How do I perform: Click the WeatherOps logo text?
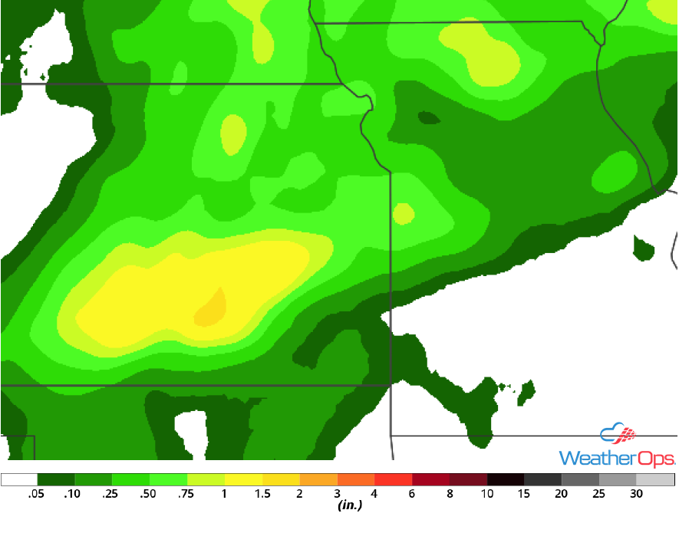[x=617, y=458]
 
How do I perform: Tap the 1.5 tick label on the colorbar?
[x=262, y=495]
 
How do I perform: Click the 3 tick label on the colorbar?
[x=338, y=495]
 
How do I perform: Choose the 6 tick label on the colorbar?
[x=413, y=495]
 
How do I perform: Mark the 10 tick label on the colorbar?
[x=487, y=495]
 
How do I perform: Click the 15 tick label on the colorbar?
[x=525, y=495]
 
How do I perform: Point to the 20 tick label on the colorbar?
[x=562, y=495]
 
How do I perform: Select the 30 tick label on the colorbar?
[x=637, y=495]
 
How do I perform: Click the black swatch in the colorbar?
[x=506, y=480]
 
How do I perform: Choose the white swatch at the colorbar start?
[x=19, y=480]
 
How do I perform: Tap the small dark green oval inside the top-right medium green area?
[x=429, y=118]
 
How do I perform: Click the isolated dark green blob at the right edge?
[x=643, y=248]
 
